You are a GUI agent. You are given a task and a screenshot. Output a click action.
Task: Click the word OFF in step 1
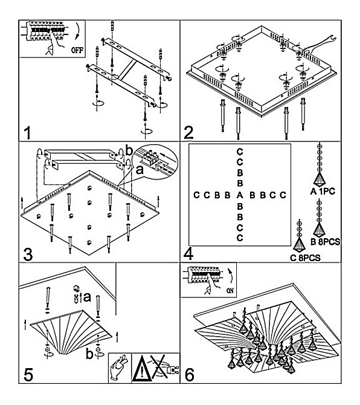[x=77, y=50]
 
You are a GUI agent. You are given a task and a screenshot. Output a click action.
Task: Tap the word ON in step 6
[x=230, y=290]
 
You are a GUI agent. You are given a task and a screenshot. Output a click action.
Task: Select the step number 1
[x=27, y=133]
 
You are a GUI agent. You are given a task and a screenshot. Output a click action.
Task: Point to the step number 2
[x=188, y=133]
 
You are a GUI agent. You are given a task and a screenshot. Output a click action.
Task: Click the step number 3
[x=28, y=254]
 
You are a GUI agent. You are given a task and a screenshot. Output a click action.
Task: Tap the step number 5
[x=28, y=375]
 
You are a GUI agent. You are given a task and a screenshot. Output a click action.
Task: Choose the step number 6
[x=190, y=375]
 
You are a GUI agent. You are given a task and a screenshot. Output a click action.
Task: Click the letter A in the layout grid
[x=240, y=195]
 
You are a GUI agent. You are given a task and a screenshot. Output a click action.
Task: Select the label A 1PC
[x=323, y=192]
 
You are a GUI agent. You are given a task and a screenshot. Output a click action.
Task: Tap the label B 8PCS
[x=326, y=242]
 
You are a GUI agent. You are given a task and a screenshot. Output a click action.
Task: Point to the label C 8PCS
[x=305, y=258]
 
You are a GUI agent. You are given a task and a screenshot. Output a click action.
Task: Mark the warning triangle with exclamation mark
[x=142, y=369]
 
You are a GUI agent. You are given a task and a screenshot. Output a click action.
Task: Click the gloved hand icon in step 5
[x=120, y=368]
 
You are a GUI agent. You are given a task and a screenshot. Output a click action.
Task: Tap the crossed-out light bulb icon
[x=164, y=368]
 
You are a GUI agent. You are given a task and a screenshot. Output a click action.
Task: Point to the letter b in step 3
[x=129, y=151]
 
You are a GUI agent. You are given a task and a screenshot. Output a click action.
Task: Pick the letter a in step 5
[x=87, y=297]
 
